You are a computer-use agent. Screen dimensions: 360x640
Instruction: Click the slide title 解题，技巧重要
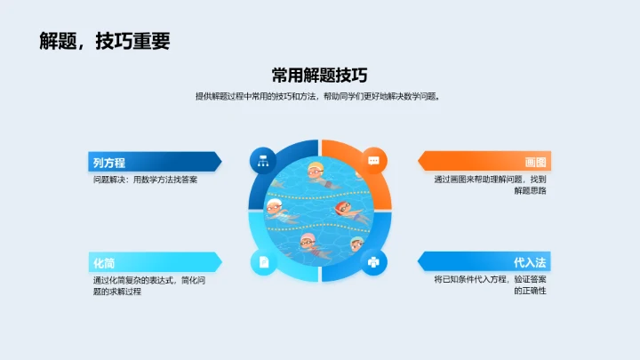pyautogui.click(x=105, y=41)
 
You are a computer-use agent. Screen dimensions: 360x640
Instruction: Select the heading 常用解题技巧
pyautogui.click(x=320, y=76)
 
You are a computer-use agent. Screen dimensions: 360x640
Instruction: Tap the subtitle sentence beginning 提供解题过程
pyautogui.click(x=319, y=96)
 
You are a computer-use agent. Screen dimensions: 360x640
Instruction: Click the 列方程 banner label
pyautogui.click(x=108, y=163)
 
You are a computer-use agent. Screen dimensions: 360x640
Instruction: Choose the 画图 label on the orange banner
pyautogui.click(x=535, y=163)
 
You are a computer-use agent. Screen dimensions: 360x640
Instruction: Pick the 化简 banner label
pyautogui.click(x=103, y=263)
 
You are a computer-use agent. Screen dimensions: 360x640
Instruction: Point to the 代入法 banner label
pyautogui.click(x=530, y=263)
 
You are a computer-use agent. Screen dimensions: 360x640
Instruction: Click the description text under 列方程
pyautogui.click(x=145, y=180)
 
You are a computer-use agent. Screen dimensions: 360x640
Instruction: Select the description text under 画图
pyautogui.click(x=490, y=185)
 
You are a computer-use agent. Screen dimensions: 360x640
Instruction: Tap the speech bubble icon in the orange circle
pyautogui.click(x=374, y=161)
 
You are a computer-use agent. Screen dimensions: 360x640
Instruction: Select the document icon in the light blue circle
pyautogui.click(x=263, y=261)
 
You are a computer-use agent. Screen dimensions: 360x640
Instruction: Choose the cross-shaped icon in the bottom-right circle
pyautogui.click(x=374, y=261)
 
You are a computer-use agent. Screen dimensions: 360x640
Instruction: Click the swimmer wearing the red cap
pyautogui.click(x=346, y=212)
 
